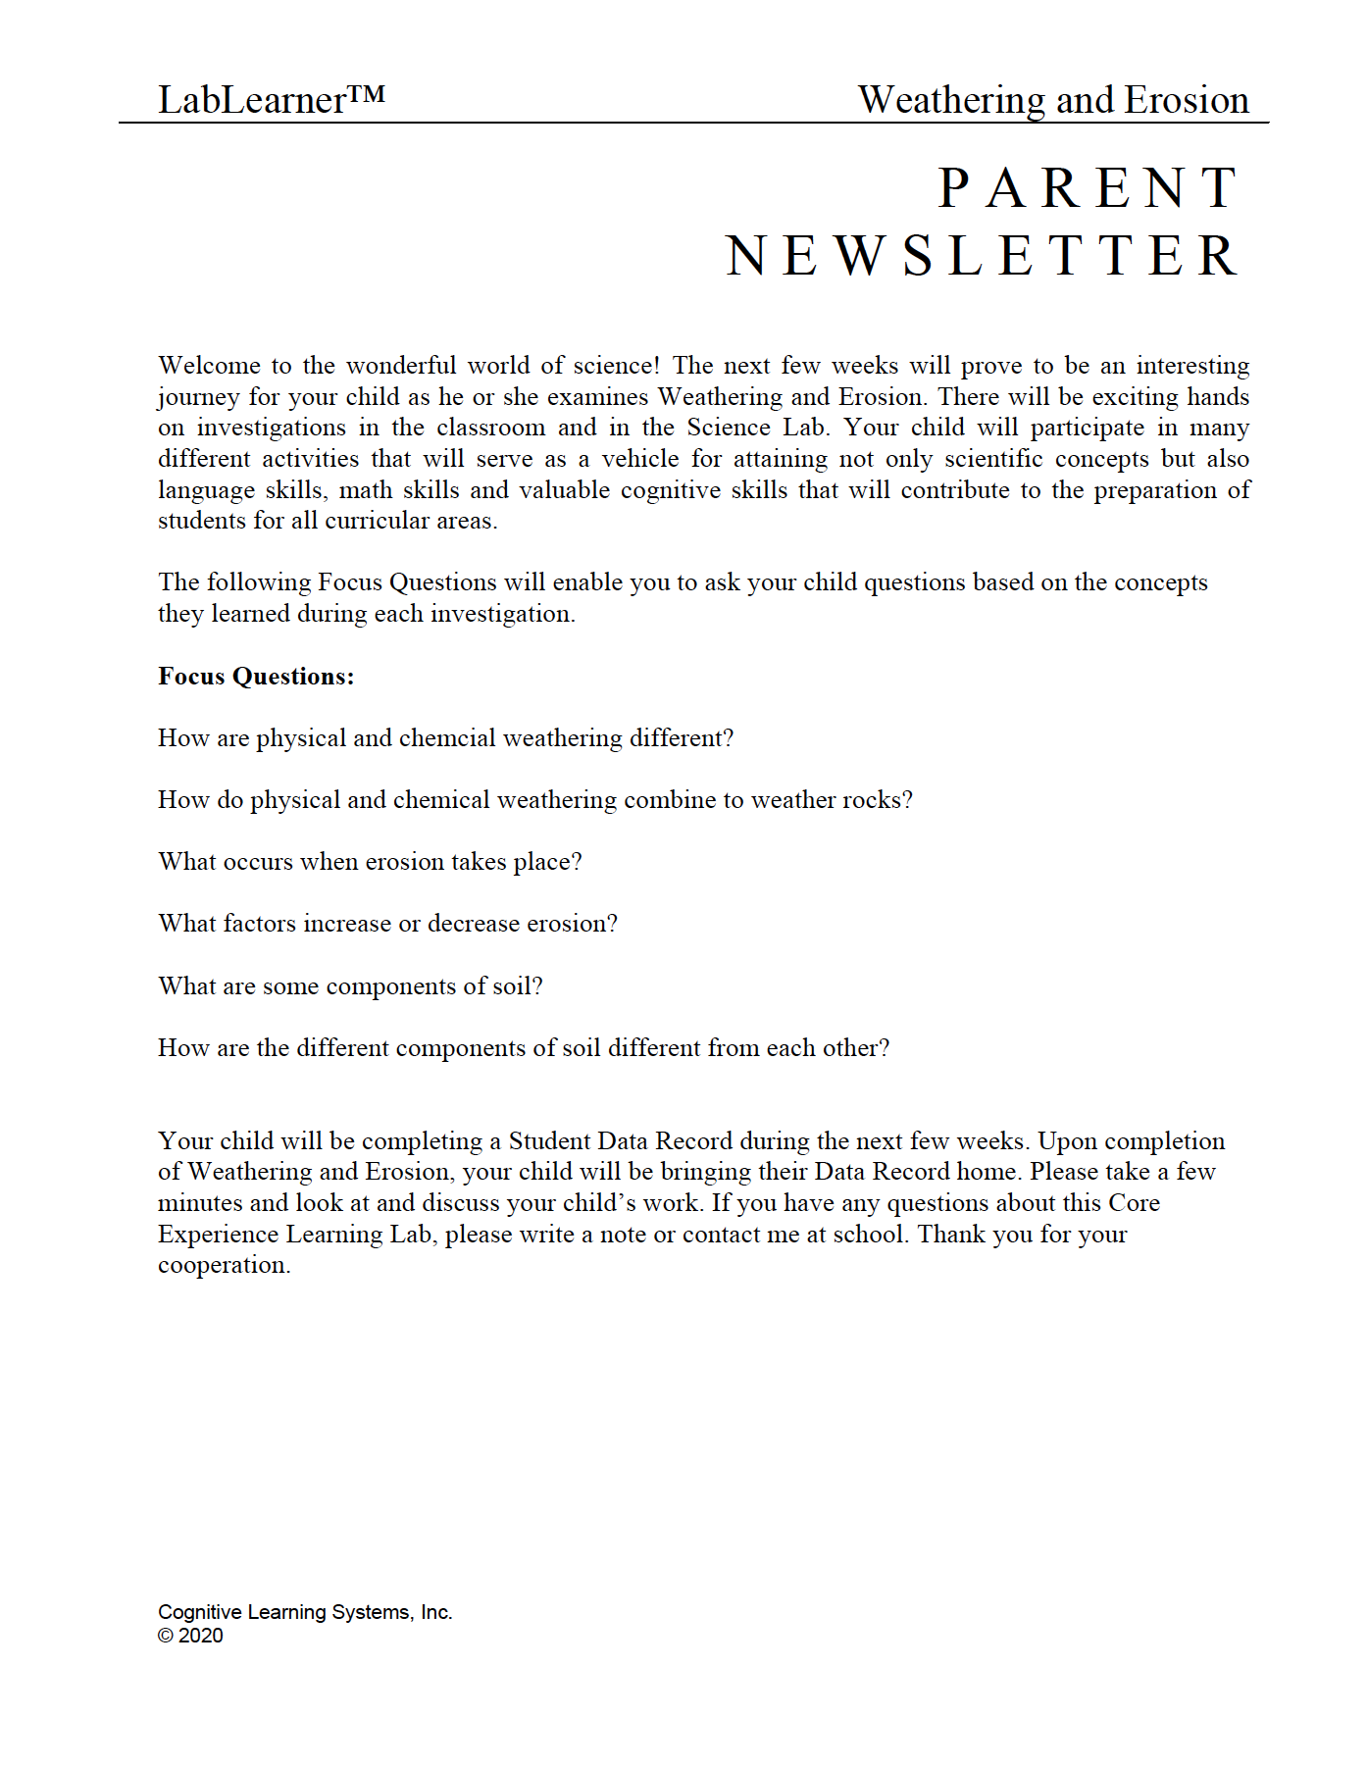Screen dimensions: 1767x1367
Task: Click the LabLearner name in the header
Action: coord(252,100)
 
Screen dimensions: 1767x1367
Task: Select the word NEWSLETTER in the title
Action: coord(983,256)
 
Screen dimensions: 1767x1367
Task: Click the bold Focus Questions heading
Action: coord(256,677)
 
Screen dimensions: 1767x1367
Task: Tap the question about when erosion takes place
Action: coord(370,862)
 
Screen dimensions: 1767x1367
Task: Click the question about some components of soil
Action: coord(350,986)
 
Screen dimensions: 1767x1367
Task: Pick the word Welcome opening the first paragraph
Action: coord(210,366)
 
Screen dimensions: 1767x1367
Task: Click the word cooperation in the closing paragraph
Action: coord(224,1265)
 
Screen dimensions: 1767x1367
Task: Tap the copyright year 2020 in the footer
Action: coord(201,1636)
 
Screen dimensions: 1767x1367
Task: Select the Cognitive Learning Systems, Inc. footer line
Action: coord(305,1612)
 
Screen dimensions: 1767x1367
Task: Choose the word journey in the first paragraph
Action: coord(198,397)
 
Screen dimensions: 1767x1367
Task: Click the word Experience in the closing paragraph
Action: coord(219,1235)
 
